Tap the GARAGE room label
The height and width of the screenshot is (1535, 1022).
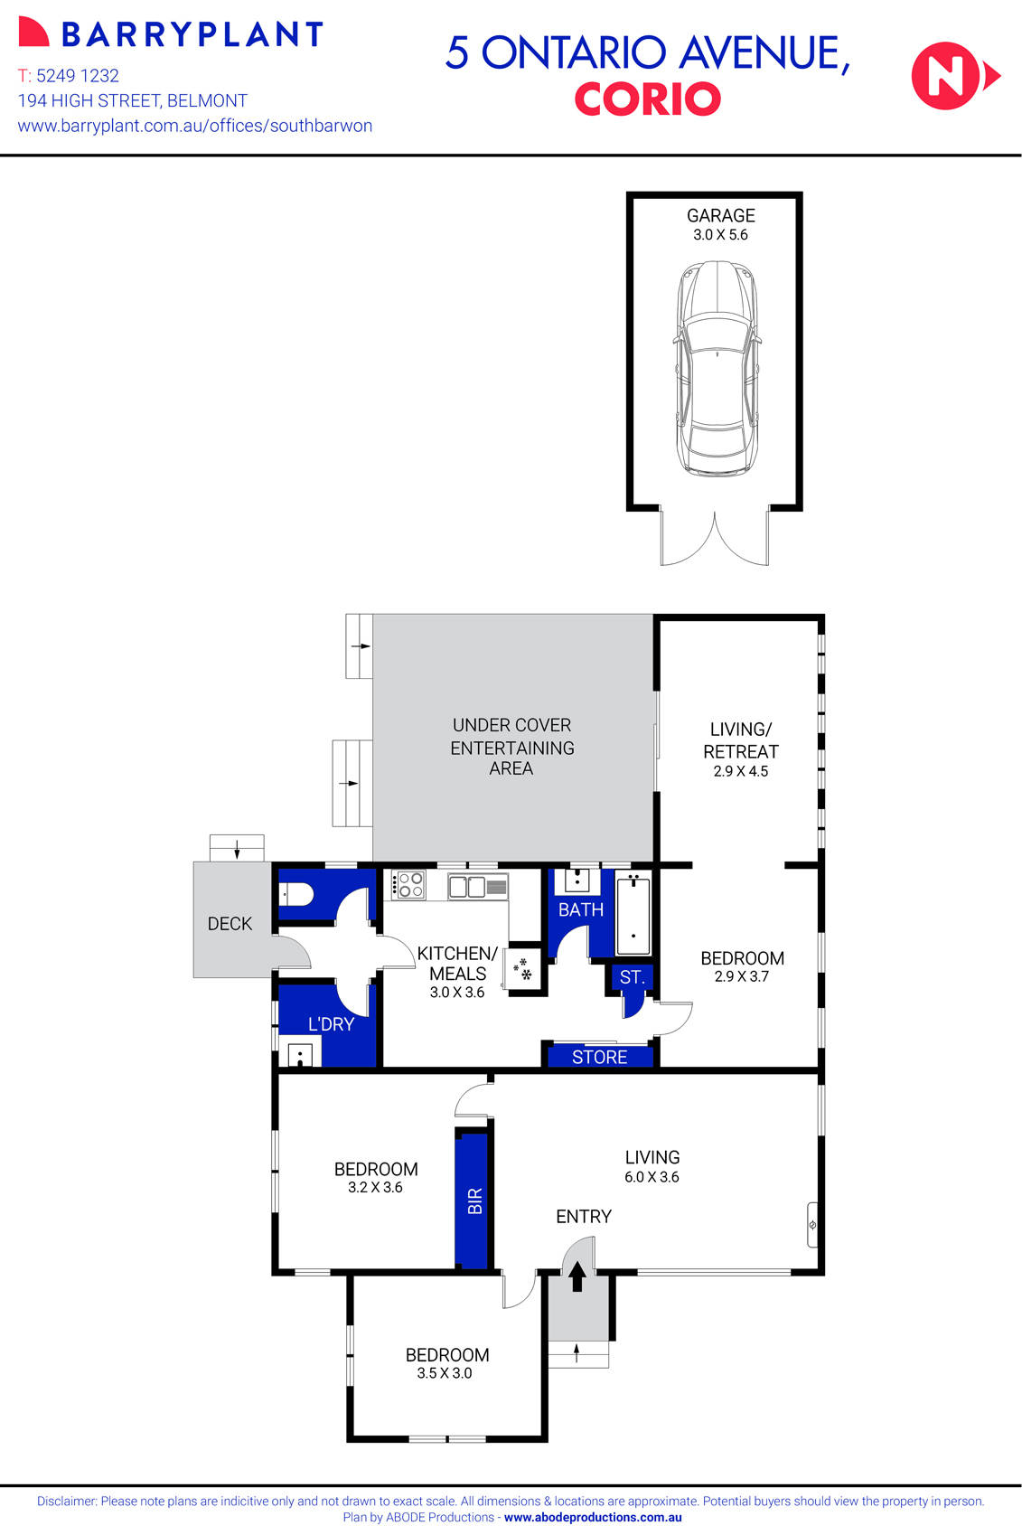720,215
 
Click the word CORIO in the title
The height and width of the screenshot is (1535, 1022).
647,99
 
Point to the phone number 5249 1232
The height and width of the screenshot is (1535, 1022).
78,76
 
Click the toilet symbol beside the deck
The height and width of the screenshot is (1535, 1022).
296,895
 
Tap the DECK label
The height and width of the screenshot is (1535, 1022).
230,924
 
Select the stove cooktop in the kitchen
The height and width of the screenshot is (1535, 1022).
408,884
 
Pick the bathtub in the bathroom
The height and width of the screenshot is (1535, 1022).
633,913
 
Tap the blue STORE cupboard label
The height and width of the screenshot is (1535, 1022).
599,1057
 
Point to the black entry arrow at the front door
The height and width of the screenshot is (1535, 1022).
577,1276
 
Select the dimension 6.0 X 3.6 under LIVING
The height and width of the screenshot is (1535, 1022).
652,1177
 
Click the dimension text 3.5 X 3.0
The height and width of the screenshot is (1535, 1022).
444,1373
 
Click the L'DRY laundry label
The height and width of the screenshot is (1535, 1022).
331,1024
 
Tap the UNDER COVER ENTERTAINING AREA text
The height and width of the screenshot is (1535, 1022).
512,747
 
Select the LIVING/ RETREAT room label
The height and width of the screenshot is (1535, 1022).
740,740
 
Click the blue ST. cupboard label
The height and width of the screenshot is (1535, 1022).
632,977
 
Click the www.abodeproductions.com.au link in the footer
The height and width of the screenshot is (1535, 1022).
593,1518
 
